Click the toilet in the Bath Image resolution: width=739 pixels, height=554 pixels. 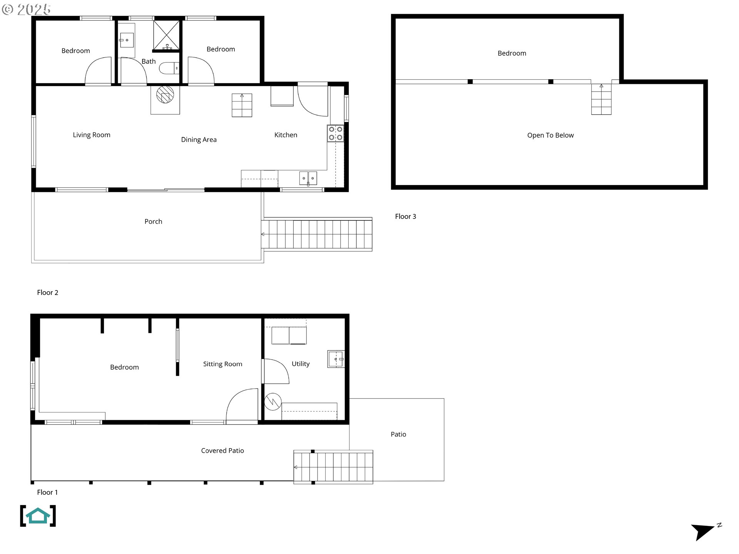(x=169, y=68)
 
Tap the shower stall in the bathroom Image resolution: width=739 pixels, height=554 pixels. (x=166, y=35)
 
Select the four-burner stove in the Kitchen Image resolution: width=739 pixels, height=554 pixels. (x=335, y=133)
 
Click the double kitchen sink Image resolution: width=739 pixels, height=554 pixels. (x=308, y=178)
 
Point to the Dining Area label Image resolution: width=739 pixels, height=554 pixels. (x=199, y=139)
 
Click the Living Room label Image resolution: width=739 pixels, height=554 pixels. (x=92, y=135)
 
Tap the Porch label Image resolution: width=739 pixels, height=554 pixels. (x=153, y=221)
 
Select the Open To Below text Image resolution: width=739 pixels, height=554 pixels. (x=550, y=135)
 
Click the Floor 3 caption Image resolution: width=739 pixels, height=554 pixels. (x=405, y=216)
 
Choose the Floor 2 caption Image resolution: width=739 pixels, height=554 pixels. (x=47, y=292)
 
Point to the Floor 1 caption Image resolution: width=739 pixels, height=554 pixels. (x=47, y=492)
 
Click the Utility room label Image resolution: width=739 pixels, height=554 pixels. (x=301, y=364)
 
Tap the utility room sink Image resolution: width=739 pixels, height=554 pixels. (x=336, y=359)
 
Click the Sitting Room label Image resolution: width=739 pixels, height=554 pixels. (x=222, y=364)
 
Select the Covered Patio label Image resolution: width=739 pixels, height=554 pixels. (x=222, y=451)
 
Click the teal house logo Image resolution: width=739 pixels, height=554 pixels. (x=38, y=516)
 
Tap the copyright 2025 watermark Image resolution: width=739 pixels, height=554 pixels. (x=26, y=9)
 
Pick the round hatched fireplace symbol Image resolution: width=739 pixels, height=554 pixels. (x=165, y=95)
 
